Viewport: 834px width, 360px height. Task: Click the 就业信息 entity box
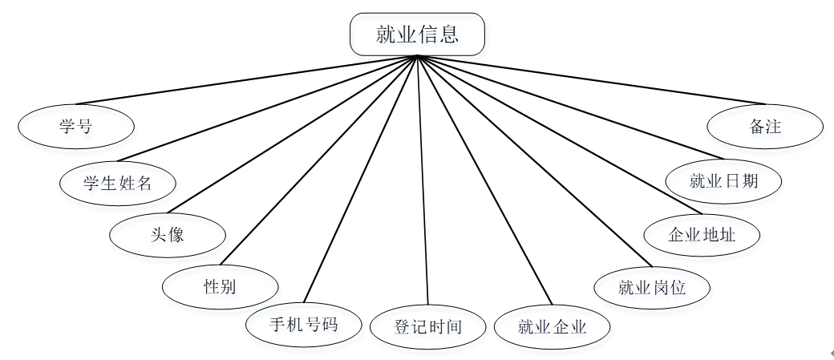pyautogui.click(x=417, y=34)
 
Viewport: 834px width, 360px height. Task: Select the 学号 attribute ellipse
pyautogui.click(x=76, y=127)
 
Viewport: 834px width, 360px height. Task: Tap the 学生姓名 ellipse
pyautogui.click(x=118, y=183)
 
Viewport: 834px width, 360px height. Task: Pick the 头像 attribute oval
pyautogui.click(x=168, y=235)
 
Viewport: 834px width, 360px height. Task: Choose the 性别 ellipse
pyautogui.click(x=221, y=286)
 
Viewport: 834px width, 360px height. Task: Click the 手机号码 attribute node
pyautogui.click(x=303, y=325)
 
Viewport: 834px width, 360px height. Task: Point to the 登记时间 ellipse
pyautogui.click(x=428, y=327)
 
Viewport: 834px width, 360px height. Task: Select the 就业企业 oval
pyautogui.click(x=553, y=326)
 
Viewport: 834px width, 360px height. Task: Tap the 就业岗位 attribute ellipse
pyautogui.click(x=651, y=286)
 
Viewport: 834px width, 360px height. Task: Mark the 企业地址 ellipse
pyautogui.click(x=702, y=235)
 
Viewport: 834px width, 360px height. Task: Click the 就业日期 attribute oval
pyautogui.click(x=724, y=181)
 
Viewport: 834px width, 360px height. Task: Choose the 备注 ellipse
pyautogui.click(x=765, y=127)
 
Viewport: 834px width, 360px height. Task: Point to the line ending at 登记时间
pyautogui.click(x=423, y=180)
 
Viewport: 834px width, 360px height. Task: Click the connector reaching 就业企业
pyautogui.click(x=484, y=180)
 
